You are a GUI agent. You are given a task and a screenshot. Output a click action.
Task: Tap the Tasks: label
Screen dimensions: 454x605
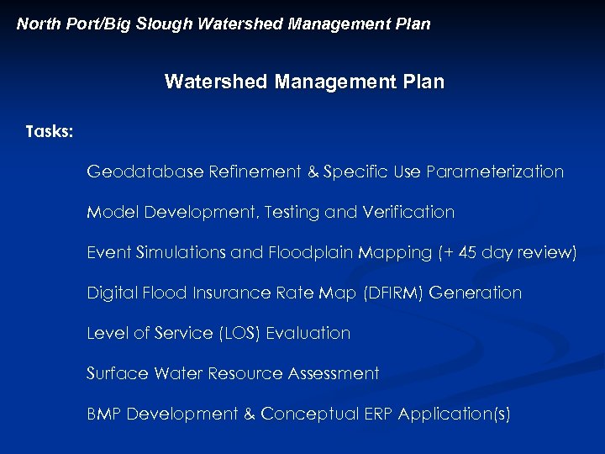coord(50,132)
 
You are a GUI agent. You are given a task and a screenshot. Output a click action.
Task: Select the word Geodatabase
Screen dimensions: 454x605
coord(145,172)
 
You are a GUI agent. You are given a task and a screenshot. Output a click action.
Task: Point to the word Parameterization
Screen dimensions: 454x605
coord(495,172)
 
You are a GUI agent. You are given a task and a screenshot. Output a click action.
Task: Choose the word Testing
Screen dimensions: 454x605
coord(292,213)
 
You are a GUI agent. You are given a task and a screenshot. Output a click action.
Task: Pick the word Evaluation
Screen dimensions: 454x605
coord(308,334)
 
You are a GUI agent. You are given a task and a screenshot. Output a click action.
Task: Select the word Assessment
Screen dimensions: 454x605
coord(334,373)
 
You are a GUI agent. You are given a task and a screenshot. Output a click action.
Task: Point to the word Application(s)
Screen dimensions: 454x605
coord(454,414)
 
